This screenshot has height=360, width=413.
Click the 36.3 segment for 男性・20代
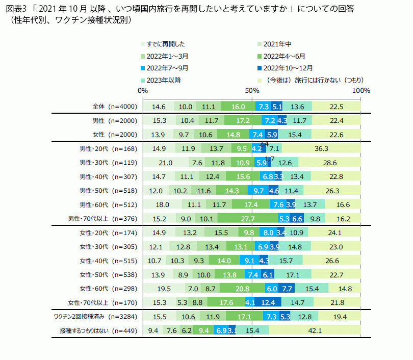point(321,148)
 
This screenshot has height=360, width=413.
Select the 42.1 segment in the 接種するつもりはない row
point(315,331)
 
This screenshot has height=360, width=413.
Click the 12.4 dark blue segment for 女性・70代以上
point(268,302)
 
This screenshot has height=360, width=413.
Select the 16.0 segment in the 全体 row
point(238,107)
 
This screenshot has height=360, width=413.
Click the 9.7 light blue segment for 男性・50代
point(259,191)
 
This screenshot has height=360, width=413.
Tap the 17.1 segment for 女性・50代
point(293,274)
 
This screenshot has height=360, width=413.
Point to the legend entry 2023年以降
point(163,80)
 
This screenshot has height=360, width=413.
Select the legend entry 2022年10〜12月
point(289,68)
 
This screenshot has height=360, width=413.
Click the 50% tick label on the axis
point(252,90)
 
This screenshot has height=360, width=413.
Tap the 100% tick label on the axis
point(361,90)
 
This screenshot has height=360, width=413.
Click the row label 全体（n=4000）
point(115,107)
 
